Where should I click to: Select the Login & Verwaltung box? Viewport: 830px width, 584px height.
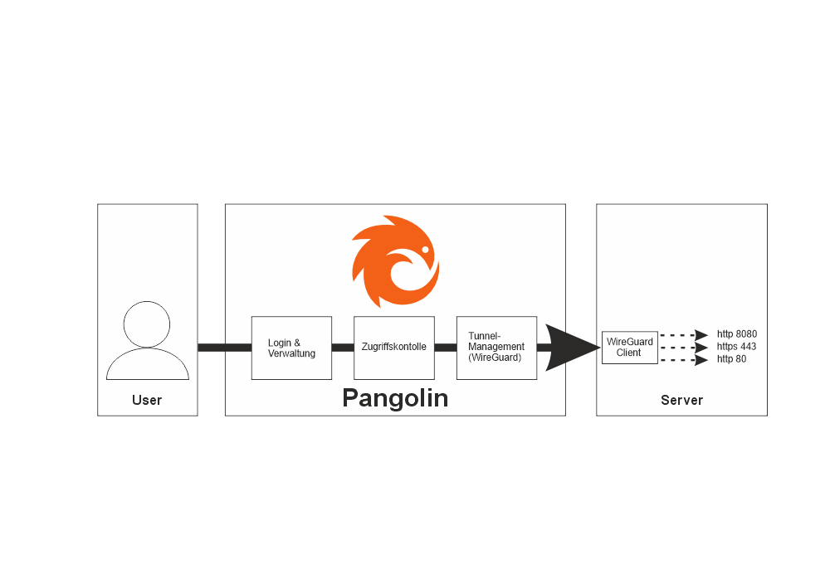pos(291,348)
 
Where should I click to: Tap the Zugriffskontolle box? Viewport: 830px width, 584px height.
pos(394,348)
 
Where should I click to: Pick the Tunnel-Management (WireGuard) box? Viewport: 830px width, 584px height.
pos(496,348)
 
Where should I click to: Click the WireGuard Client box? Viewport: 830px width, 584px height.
pos(629,347)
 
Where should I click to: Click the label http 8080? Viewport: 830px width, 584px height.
pos(737,334)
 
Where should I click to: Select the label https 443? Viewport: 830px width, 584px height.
pos(736,347)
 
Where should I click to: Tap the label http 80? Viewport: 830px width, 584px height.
pos(731,359)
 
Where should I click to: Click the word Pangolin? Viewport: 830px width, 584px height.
pos(395,398)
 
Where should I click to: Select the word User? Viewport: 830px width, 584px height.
pos(147,401)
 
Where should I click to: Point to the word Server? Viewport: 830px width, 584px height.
pos(681,401)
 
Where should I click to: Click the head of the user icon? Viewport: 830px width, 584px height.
pos(147,324)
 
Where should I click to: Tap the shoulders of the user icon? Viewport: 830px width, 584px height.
pos(147,365)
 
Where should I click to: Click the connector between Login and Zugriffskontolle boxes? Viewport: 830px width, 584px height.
pos(343,348)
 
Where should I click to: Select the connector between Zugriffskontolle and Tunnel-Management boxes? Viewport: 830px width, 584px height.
pos(446,348)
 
